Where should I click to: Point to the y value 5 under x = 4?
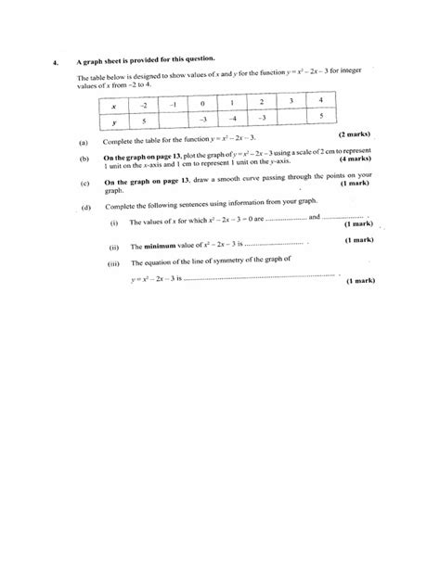[x=319, y=117]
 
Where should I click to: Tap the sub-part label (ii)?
[x=114, y=247]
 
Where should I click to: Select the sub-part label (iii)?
[x=114, y=263]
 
